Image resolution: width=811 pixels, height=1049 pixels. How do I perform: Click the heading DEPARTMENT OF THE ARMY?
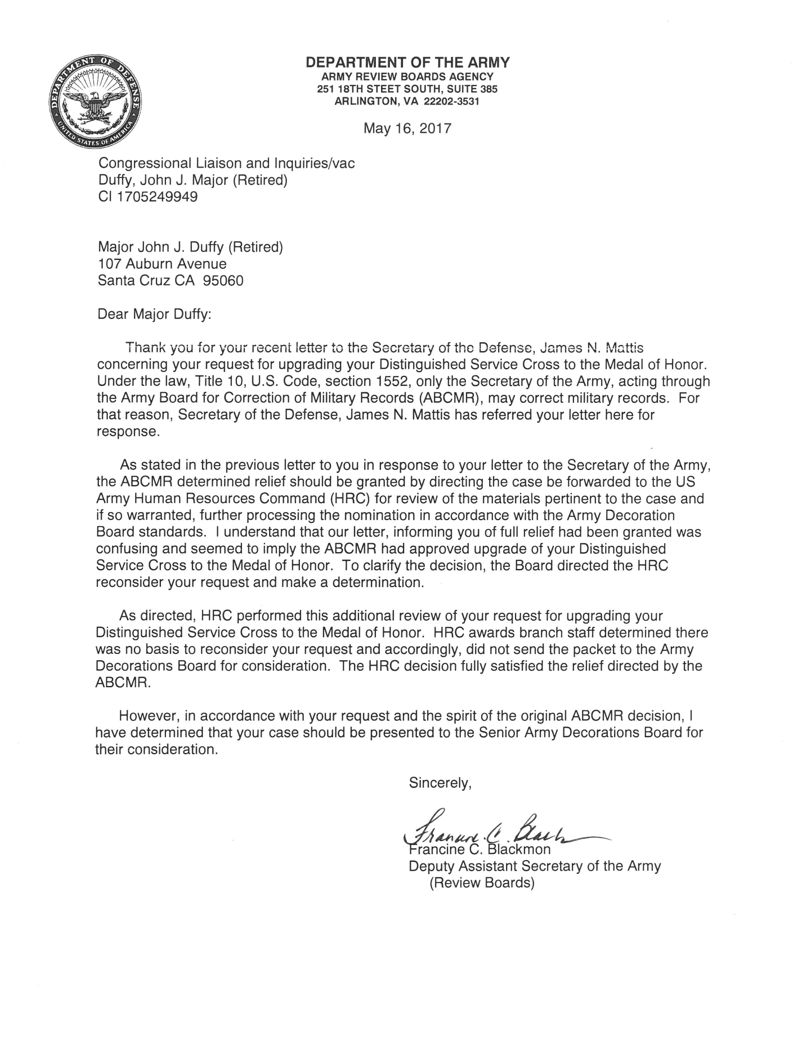click(408, 62)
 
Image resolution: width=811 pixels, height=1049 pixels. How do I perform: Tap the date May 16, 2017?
click(407, 128)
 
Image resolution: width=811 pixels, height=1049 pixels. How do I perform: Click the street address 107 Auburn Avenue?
click(162, 264)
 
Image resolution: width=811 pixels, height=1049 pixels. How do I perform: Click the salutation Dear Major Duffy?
click(154, 314)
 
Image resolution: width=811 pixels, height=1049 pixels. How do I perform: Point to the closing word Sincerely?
click(440, 783)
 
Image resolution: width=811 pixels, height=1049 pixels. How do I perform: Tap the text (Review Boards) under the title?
click(482, 883)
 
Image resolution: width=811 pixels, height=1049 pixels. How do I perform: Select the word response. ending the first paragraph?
click(128, 432)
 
